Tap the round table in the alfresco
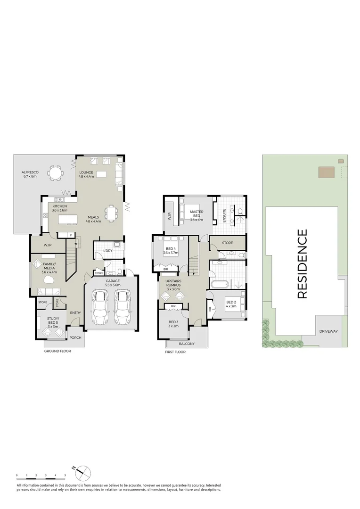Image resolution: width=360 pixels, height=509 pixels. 56,173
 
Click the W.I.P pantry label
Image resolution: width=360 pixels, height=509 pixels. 47,245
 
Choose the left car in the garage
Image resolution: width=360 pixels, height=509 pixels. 100,307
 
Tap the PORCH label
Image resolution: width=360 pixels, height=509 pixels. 75,337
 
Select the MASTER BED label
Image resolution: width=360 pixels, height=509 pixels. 196,215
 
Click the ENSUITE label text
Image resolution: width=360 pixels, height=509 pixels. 224,215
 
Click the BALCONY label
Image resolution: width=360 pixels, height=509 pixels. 187,344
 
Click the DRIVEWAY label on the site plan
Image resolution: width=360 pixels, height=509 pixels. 328,331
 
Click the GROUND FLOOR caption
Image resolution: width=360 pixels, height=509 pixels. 57,352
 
